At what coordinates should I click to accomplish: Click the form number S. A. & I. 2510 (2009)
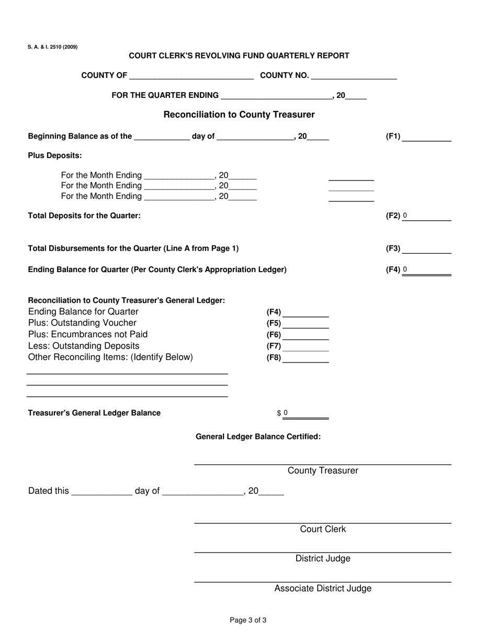pyautogui.click(x=53, y=47)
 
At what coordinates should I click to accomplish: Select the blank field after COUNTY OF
pyautogui.click(x=191, y=75)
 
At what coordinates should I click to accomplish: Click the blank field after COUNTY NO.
pyautogui.click(x=354, y=75)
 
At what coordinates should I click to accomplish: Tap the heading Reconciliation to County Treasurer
pyautogui.click(x=239, y=115)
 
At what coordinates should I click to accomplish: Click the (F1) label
pyautogui.click(x=393, y=137)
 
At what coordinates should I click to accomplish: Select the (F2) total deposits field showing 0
pyautogui.click(x=426, y=216)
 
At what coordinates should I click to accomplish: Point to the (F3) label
pyautogui.click(x=393, y=249)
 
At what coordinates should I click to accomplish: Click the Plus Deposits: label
pyautogui.click(x=55, y=156)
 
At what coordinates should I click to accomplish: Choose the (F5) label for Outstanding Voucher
pyautogui.click(x=274, y=324)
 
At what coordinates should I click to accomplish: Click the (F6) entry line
pyautogui.click(x=306, y=335)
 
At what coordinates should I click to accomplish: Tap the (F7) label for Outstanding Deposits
pyautogui.click(x=274, y=346)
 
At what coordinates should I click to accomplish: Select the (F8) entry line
pyautogui.click(x=306, y=358)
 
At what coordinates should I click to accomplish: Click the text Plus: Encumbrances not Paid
pyautogui.click(x=88, y=334)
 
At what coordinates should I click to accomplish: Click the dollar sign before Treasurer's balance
pyautogui.click(x=279, y=413)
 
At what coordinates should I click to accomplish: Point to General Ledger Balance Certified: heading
pyautogui.click(x=258, y=437)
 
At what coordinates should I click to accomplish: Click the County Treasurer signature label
pyautogui.click(x=323, y=471)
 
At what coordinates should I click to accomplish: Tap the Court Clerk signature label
pyautogui.click(x=323, y=529)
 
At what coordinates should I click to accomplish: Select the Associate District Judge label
pyautogui.click(x=323, y=589)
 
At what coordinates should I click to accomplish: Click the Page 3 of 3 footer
pyautogui.click(x=248, y=621)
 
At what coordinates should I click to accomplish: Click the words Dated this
pyautogui.click(x=49, y=491)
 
